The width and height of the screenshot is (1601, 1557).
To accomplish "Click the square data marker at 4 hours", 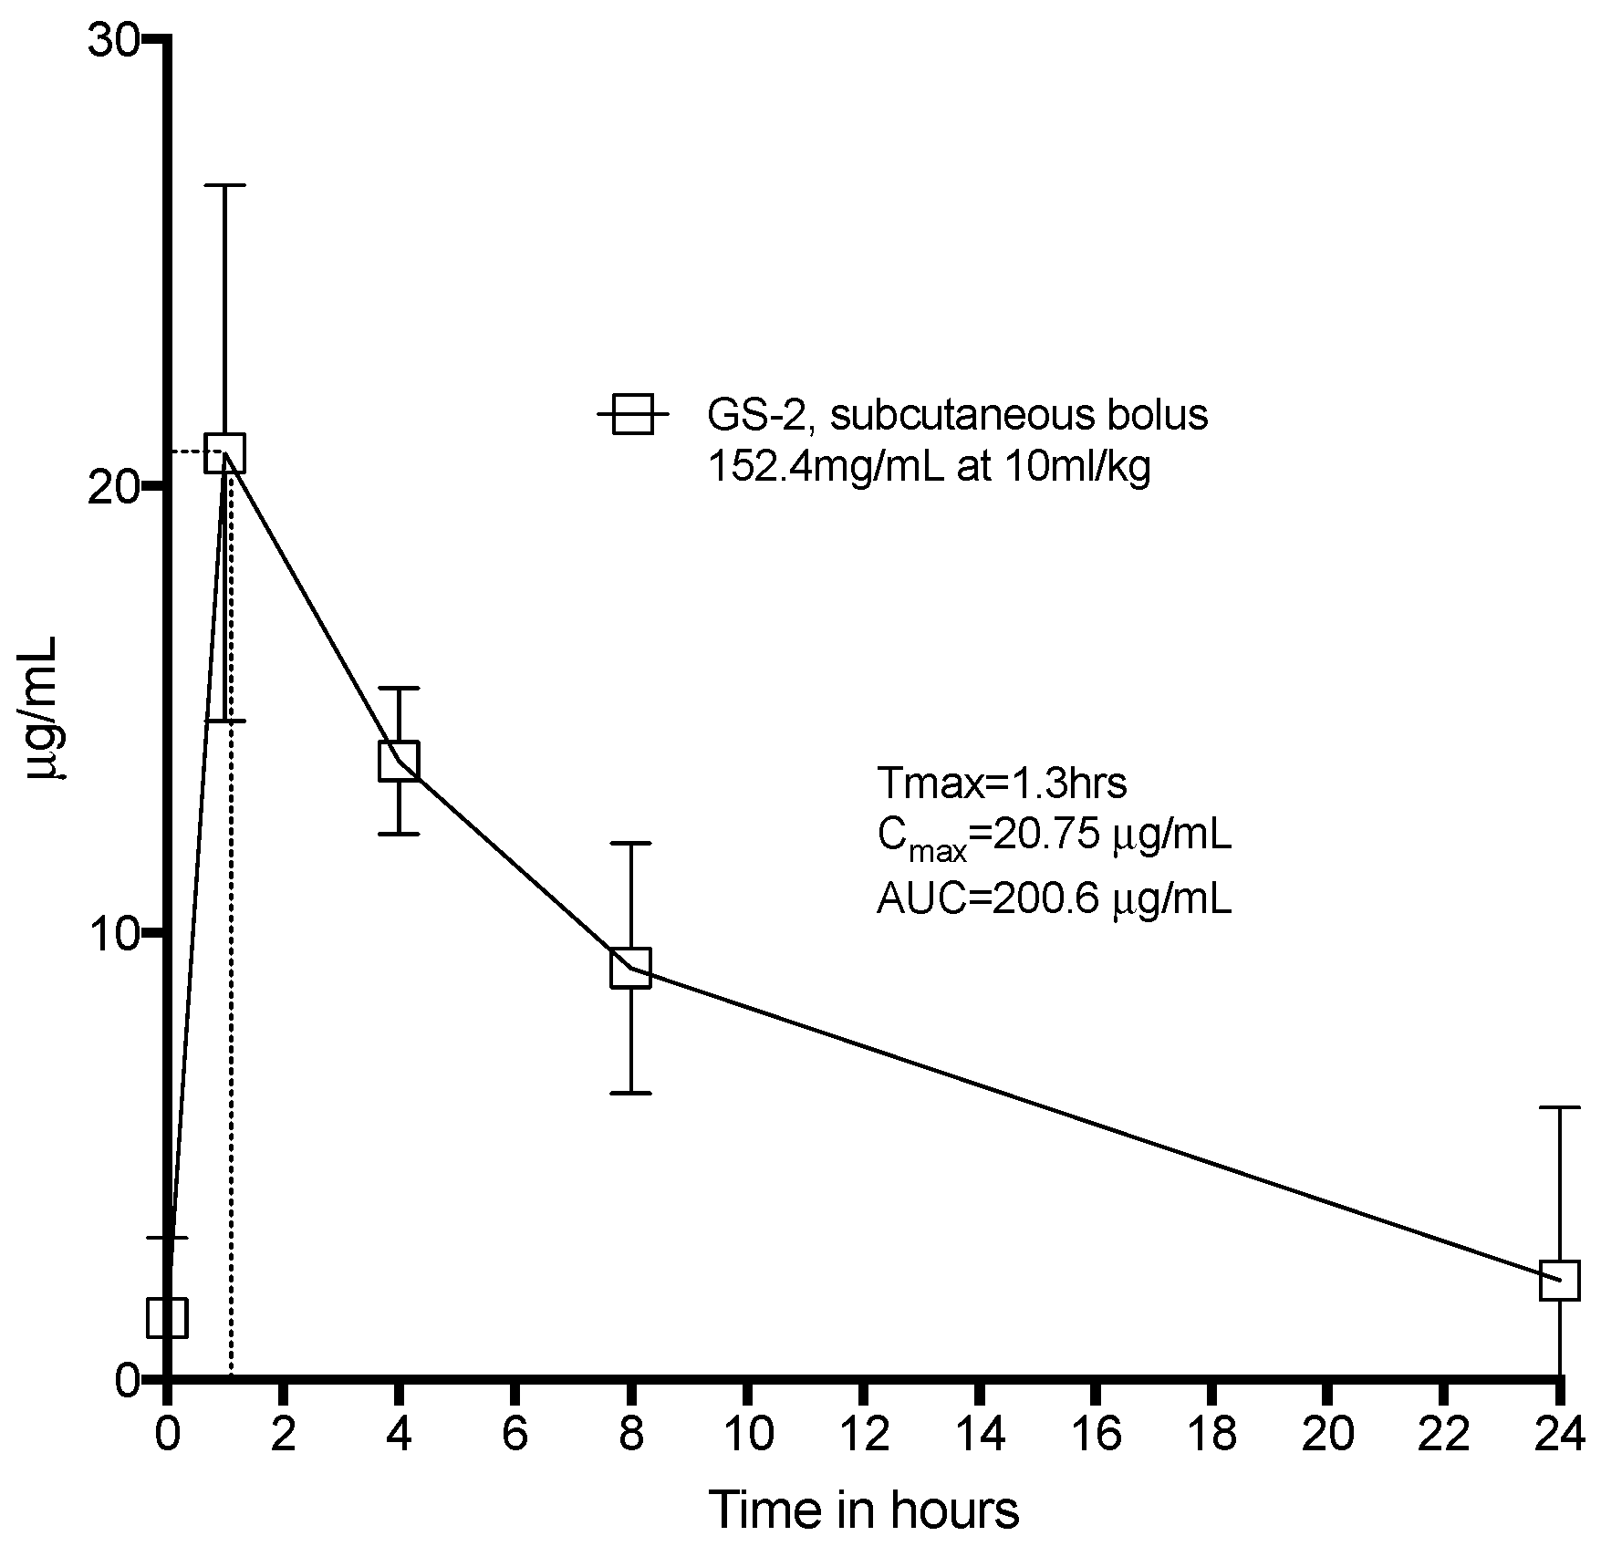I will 399,761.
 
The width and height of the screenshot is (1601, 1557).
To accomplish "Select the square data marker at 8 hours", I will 630,967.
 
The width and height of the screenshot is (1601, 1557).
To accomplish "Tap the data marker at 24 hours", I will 1559,1280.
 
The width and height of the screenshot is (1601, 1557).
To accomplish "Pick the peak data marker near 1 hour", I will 225,452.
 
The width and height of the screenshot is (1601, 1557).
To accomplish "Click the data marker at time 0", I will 168,1317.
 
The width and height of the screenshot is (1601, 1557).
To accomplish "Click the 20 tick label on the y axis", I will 112,486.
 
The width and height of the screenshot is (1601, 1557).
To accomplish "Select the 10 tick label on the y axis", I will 112,933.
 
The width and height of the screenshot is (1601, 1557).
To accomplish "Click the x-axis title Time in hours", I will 863,1510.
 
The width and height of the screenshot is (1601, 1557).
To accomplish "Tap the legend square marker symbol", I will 632,414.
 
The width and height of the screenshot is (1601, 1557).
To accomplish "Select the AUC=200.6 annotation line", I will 1054,899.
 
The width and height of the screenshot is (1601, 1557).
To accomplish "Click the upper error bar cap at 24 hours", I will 1559,1107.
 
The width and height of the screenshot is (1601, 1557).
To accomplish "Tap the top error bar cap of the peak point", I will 225,185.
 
